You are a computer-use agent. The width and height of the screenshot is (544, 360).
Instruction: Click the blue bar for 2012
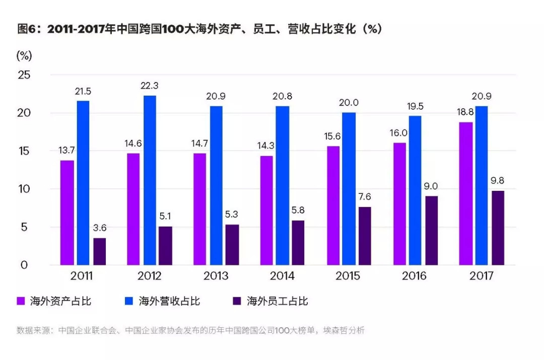[x=150, y=180]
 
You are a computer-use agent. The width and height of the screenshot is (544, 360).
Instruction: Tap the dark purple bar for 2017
[x=498, y=228]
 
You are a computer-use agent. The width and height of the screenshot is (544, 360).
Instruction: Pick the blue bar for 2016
[x=415, y=190]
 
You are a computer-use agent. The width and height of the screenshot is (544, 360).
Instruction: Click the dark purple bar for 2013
[x=232, y=245]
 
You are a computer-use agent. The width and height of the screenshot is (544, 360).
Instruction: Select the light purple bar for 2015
[x=332, y=205]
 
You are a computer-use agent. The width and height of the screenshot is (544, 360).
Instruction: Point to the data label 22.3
[x=150, y=86]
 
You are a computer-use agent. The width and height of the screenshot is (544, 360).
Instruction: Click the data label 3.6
[x=100, y=228]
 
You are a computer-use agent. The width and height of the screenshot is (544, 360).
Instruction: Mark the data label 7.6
[x=365, y=197]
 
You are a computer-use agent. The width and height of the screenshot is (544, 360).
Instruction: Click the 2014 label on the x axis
[x=283, y=276]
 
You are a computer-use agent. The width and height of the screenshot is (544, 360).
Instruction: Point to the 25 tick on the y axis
[x=25, y=75]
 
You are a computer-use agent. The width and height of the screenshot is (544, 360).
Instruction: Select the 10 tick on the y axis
[x=25, y=189]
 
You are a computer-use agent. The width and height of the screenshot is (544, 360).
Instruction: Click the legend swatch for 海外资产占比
[x=21, y=301]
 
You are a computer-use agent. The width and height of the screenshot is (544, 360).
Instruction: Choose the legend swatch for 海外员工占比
[x=237, y=301]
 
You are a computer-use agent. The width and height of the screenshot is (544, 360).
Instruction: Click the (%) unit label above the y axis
[x=24, y=55]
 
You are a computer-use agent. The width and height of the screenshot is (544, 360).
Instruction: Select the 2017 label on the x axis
[x=482, y=276]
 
